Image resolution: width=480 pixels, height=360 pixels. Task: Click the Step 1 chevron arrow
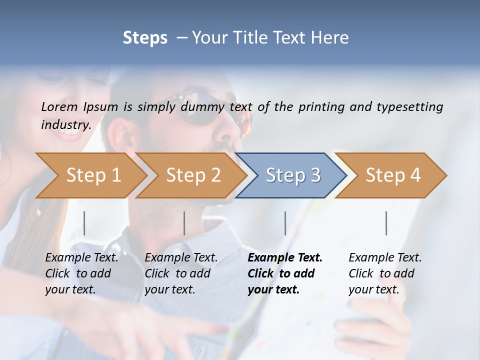(93, 175)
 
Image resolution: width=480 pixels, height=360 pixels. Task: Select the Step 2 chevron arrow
(193, 175)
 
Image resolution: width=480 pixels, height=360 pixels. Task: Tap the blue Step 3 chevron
(292, 175)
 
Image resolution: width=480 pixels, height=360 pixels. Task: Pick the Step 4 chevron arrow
(392, 175)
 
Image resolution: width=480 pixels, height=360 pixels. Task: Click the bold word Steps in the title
(145, 37)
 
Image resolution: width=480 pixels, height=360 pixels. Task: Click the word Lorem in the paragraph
(59, 106)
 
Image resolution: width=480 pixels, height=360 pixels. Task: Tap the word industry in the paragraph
(65, 124)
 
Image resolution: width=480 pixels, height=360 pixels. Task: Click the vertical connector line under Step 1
(84, 223)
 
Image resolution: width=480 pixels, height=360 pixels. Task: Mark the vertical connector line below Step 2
(184, 223)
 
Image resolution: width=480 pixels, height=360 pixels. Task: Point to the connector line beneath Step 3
(285, 223)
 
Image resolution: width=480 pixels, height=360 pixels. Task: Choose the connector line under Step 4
(386, 223)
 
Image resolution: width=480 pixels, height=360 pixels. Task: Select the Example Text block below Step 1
(81, 273)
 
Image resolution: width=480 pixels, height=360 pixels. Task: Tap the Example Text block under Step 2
(181, 273)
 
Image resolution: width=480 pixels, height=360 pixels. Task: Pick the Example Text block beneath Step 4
(385, 273)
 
